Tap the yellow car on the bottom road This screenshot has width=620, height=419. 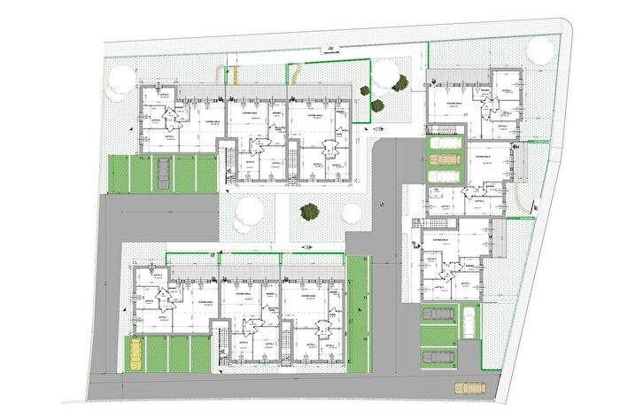[469, 387]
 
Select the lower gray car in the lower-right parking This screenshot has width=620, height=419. [437, 356]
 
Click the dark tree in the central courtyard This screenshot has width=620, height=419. [309, 212]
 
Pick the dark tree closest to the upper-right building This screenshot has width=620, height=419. [400, 84]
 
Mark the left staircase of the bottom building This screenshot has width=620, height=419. [215, 345]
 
